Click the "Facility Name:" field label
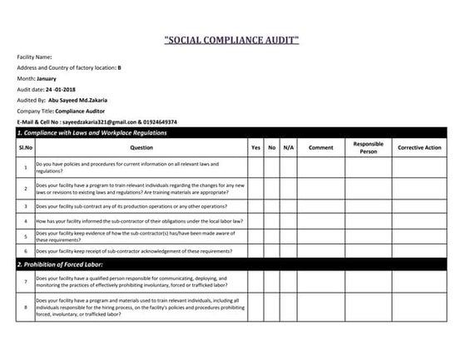(x=35, y=57)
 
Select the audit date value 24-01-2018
(x=60, y=89)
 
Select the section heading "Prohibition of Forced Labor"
(x=60, y=264)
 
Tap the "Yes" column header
(x=255, y=147)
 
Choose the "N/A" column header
(x=288, y=147)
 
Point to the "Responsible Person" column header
(x=368, y=147)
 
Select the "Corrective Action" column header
(x=419, y=147)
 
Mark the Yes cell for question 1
(x=255, y=167)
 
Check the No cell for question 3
(x=272, y=205)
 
